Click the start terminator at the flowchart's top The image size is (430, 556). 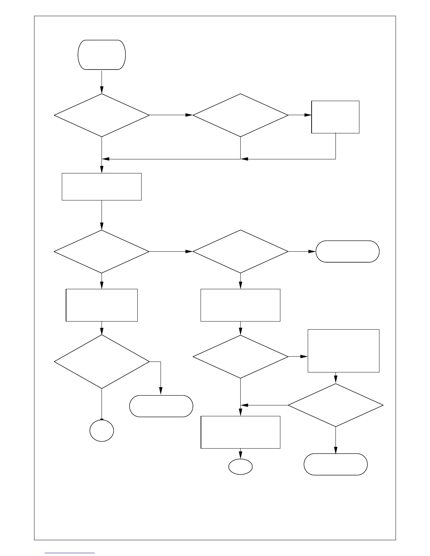[x=102, y=55]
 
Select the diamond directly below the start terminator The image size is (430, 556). [x=102, y=115]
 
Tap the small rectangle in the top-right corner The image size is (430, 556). [x=335, y=117]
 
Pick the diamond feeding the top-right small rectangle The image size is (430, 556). [x=240, y=115]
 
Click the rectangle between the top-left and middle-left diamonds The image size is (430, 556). [x=102, y=186]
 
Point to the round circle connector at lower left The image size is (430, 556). [x=102, y=431]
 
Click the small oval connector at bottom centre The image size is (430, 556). [x=240, y=467]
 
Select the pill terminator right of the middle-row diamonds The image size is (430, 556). [x=347, y=251]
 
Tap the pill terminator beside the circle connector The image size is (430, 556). [x=161, y=406]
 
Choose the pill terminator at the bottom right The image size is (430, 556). [x=335, y=464]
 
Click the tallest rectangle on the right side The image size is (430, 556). [x=343, y=351]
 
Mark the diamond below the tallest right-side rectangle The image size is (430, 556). [x=335, y=405]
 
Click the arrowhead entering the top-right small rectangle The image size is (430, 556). [x=308, y=115]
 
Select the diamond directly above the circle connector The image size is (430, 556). [x=102, y=362]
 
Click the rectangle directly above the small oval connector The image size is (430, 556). [x=240, y=432]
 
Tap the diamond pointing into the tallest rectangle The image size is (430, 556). [x=240, y=357]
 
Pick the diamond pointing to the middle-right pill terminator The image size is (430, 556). [x=240, y=251]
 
